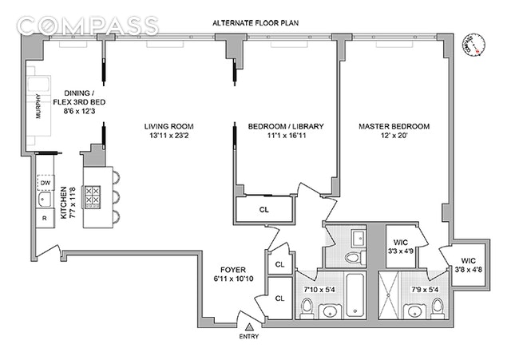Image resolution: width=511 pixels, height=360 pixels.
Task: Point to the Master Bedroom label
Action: coord(394,132)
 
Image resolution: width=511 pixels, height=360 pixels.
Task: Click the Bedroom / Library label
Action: coord(283,132)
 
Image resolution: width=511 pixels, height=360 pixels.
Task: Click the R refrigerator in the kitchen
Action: coord(45,216)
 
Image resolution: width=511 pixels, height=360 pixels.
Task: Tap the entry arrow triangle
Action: coord(250,327)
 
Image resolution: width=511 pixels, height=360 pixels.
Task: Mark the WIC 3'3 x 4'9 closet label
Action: coord(396,246)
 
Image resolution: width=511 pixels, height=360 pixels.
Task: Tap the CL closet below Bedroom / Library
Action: coord(263,211)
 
